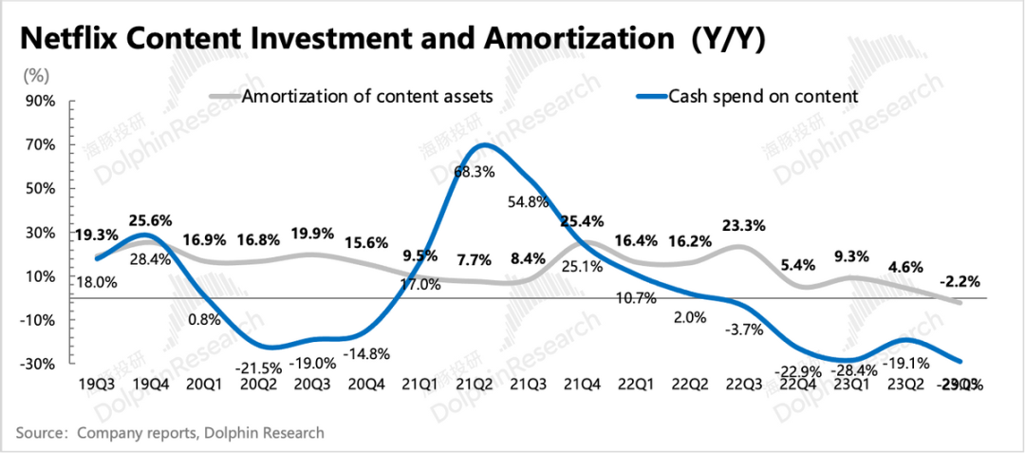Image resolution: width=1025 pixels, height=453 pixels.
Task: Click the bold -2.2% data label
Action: click(959, 281)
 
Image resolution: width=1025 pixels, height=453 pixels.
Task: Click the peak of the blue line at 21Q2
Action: click(484, 144)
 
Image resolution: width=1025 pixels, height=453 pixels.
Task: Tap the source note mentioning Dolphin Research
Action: click(171, 432)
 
